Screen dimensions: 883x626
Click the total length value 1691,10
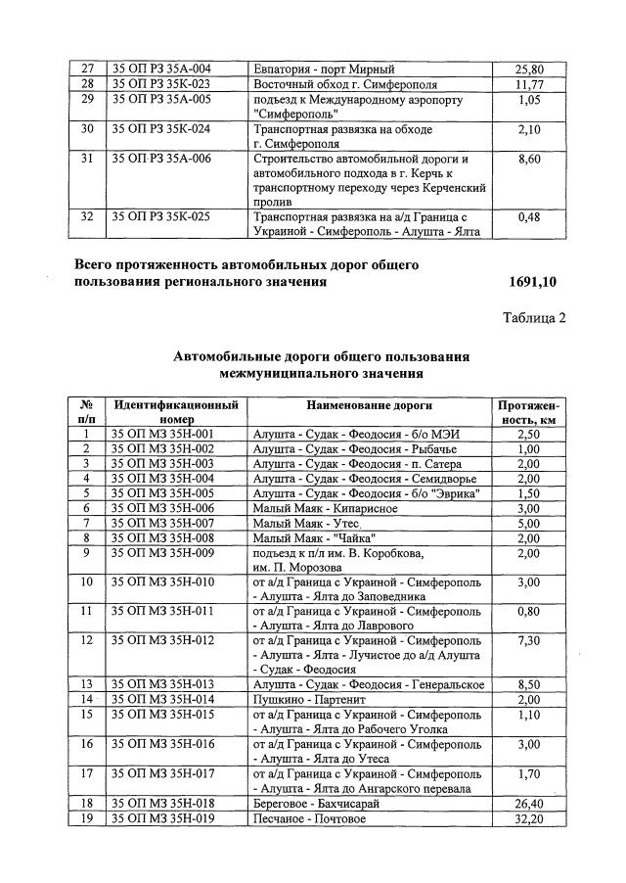(x=532, y=282)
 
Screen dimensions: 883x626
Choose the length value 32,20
(x=528, y=817)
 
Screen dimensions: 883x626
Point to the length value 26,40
(x=528, y=803)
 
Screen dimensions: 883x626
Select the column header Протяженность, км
(x=528, y=411)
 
